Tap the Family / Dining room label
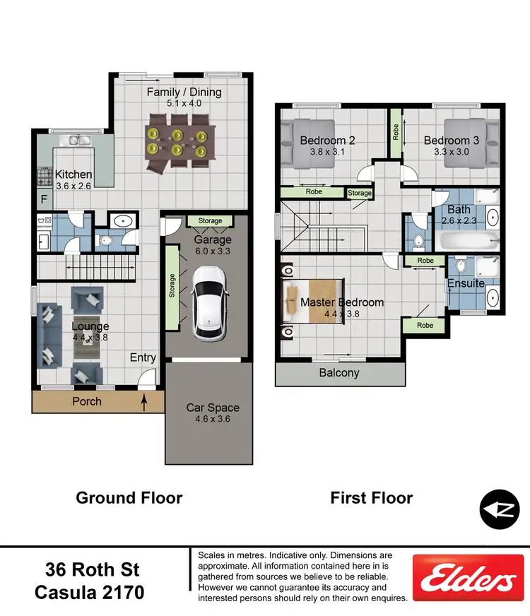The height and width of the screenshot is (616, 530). pyautogui.click(x=184, y=92)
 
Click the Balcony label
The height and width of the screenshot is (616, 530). pyautogui.click(x=339, y=373)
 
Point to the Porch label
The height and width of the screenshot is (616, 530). pyautogui.click(x=87, y=401)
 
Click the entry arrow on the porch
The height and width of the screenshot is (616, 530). pyautogui.click(x=144, y=403)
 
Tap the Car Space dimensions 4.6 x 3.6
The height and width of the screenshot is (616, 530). pyautogui.click(x=213, y=419)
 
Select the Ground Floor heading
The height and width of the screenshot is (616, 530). pyautogui.click(x=129, y=498)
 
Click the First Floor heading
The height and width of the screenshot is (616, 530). pyautogui.click(x=372, y=498)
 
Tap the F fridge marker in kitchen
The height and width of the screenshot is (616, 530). pyautogui.click(x=44, y=199)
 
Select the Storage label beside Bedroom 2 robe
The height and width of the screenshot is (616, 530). pyautogui.click(x=359, y=192)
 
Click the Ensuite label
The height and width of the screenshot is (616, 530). pyautogui.click(x=466, y=283)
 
